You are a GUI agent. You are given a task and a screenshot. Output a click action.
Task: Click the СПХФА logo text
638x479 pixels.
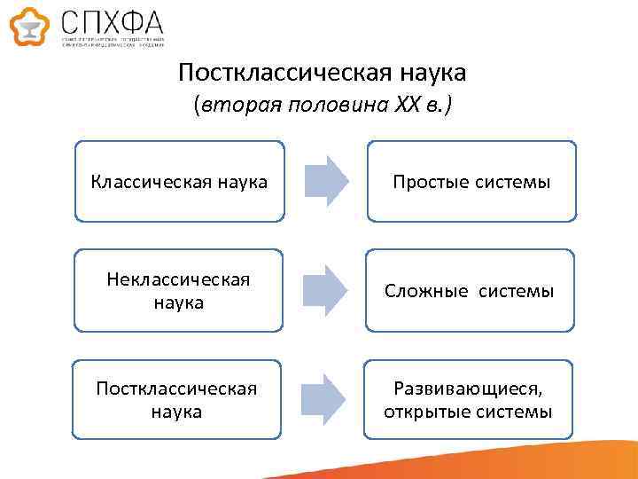tap(112, 21)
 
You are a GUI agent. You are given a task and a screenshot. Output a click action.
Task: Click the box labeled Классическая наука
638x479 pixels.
tap(179, 181)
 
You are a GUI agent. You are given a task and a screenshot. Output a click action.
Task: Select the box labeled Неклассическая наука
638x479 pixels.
tap(179, 291)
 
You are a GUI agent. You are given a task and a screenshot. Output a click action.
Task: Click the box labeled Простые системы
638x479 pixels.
tap(471, 181)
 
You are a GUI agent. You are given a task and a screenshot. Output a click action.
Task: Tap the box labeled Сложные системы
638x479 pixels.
tap(470, 291)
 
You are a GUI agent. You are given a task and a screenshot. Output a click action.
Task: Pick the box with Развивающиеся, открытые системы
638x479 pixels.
tap(470, 400)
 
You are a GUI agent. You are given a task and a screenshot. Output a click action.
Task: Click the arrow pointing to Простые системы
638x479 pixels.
tap(324, 180)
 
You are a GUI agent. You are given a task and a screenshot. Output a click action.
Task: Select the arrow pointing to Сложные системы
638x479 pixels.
tap(324, 290)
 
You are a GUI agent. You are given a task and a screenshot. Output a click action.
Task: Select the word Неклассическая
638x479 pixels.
tap(178, 280)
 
